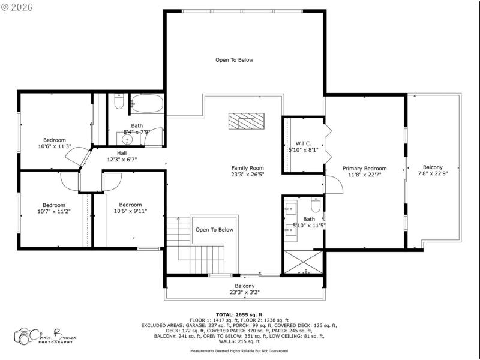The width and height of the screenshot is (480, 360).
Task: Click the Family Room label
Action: click(x=247, y=168)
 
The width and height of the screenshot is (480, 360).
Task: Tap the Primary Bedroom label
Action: click(x=365, y=169)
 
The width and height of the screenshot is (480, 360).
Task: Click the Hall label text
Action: click(x=122, y=153)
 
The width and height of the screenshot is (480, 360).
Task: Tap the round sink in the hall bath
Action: click(x=127, y=139)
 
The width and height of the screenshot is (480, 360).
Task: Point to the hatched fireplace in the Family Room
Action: click(x=246, y=121)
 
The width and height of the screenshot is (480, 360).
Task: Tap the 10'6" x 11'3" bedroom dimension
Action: click(x=55, y=146)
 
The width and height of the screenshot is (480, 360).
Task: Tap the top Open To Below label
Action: click(x=235, y=60)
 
